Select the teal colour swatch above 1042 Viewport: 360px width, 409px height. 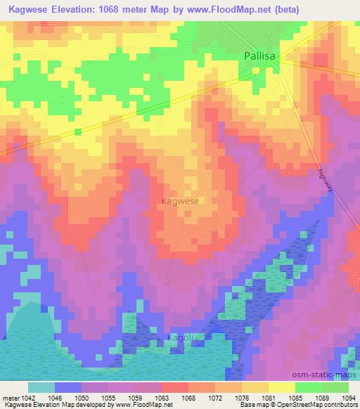click(41, 387)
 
